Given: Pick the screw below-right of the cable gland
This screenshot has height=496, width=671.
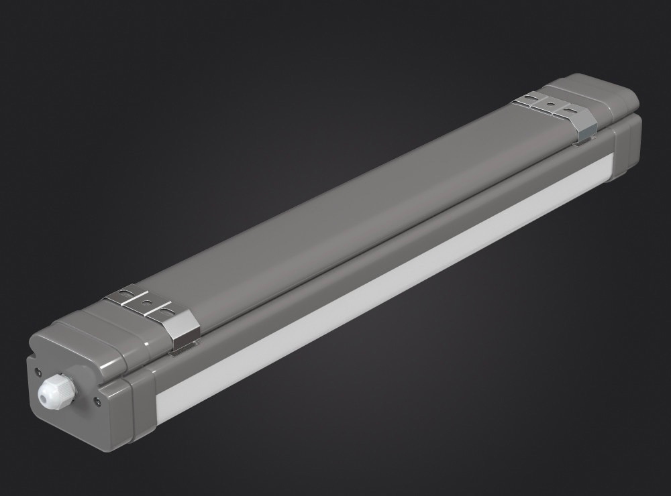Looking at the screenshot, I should click(x=99, y=401).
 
